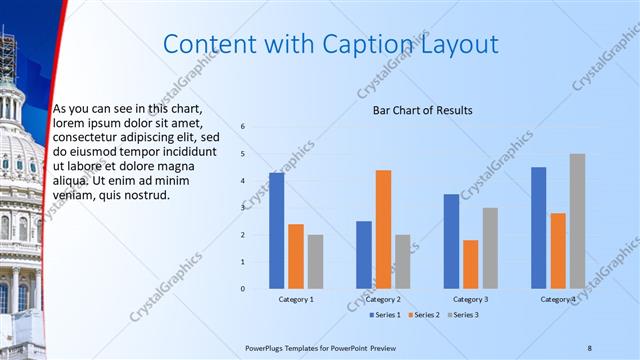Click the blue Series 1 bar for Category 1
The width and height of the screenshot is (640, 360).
coord(276,231)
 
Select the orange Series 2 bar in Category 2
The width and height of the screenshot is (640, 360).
coord(383,229)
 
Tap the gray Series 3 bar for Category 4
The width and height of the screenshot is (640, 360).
coord(577,221)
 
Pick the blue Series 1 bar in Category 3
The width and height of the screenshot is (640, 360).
coord(451,241)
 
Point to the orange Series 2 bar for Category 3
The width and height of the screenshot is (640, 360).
coord(470,264)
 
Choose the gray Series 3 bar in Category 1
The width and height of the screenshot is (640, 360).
coord(315,261)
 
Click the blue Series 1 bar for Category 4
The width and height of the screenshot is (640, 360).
coord(538,228)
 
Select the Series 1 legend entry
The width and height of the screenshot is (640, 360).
coord(387,315)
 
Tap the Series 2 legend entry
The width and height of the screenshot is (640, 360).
coord(425,315)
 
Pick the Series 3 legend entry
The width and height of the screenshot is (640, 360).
coord(462,315)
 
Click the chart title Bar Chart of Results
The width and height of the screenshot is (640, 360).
coord(423,110)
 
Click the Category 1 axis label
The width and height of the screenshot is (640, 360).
coord(295,299)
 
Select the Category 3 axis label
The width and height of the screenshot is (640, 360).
coord(470,299)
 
